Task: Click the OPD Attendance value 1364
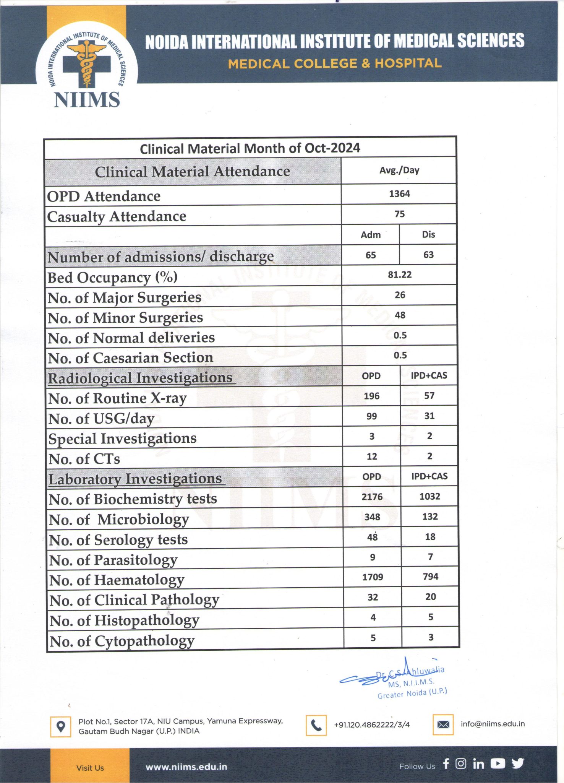(x=399, y=194)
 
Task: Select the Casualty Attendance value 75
(x=399, y=214)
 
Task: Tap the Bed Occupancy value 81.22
(x=400, y=275)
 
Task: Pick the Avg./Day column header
(x=399, y=171)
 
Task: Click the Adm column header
(x=371, y=235)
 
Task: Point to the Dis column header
(x=428, y=235)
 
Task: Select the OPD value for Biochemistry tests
(x=372, y=497)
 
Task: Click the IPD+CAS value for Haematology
(x=430, y=577)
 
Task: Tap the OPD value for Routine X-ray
(x=371, y=396)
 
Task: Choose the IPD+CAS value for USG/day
(x=429, y=416)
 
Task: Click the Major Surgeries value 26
(x=400, y=295)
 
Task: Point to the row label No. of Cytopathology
(x=122, y=641)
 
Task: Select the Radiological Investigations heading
(x=140, y=378)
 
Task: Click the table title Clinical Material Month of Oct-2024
(x=250, y=148)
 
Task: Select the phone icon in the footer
(x=316, y=725)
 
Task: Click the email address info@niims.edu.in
(x=493, y=724)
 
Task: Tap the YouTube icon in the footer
(x=498, y=764)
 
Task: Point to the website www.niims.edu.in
(x=186, y=767)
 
